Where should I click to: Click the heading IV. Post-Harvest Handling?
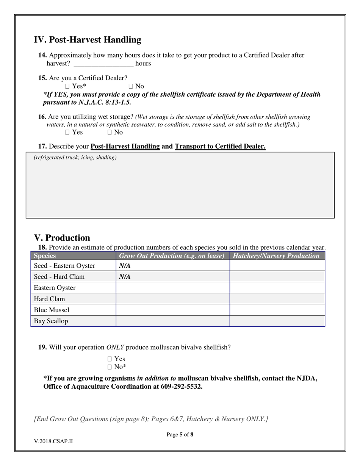88,40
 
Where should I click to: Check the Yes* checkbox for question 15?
67,86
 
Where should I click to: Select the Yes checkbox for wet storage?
67,132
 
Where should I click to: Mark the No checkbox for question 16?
110,132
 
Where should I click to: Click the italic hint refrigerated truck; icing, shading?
75,158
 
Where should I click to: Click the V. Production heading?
62,238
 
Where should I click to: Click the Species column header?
45,256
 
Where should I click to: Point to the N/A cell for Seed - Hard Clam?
125,277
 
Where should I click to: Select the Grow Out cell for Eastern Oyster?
172,288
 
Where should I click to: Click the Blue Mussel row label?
52,310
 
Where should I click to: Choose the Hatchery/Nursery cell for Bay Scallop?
277,321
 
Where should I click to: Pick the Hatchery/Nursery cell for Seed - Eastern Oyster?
277,266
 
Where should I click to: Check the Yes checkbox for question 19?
110,359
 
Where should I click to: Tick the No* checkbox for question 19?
110,367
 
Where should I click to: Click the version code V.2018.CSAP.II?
53,441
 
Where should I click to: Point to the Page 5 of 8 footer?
180,435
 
